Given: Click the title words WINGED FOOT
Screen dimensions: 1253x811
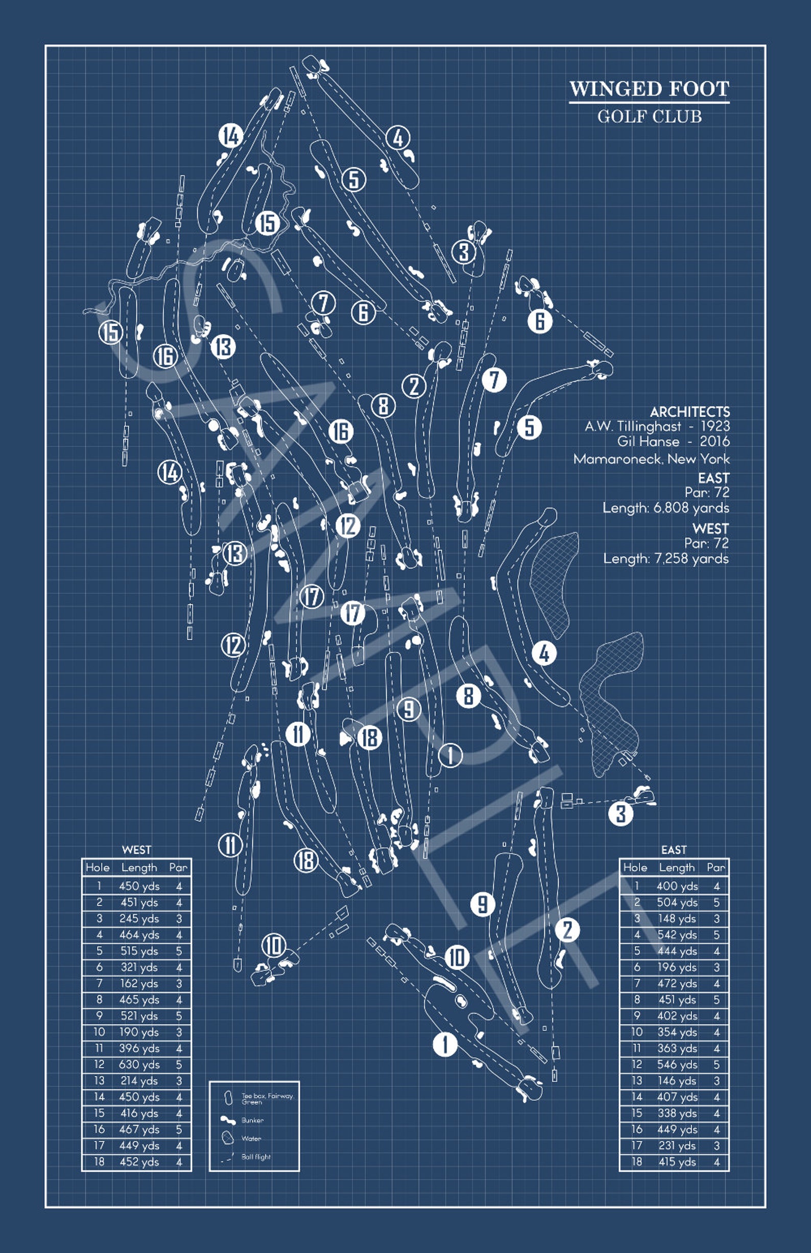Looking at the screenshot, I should click(x=649, y=89).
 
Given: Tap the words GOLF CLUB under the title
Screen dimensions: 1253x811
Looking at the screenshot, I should click(x=649, y=116).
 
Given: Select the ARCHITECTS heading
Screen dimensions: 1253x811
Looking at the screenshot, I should click(x=689, y=412).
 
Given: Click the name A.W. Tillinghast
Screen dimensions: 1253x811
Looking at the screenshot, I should click(x=633, y=427).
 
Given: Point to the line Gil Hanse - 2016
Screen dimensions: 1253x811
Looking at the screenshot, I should click(x=673, y=441).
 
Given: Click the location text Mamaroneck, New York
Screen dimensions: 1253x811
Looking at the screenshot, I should click(x=651, y=459).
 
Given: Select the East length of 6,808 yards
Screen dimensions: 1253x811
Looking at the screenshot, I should click(x=665, y=508).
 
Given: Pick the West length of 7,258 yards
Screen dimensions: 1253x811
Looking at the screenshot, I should click(x=666, y=559).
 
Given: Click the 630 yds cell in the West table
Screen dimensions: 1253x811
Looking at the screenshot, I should click(x=139, y=1065).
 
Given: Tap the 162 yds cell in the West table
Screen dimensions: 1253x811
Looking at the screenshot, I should click(x=139, y=983).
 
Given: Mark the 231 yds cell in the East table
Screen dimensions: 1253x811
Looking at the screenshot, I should click(x=677, y=1146).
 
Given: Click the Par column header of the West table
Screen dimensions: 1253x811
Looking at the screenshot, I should click(x=178, y=867).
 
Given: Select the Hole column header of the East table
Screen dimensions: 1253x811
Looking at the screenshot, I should click(x=635, y=867).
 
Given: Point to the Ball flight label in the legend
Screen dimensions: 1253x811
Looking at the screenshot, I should click(x=256, y=1156).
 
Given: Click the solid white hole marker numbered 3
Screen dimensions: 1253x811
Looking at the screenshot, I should click(x=621, y=813).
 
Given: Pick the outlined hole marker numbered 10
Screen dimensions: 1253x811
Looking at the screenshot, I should click(x=274, y=946).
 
